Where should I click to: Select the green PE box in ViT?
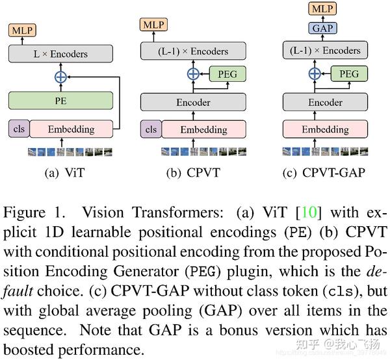60,101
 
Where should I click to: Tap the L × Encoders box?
60,53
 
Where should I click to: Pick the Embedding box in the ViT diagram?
71,129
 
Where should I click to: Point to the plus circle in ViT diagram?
60,77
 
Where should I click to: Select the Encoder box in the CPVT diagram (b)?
193,102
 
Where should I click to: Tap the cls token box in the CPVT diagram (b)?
151,129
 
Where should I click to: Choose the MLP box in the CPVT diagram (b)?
153,24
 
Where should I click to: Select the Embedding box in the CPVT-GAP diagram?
325,129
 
